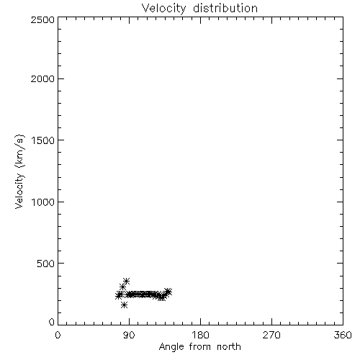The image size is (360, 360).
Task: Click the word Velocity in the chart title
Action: [163, 9]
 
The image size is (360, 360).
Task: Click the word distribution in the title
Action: [225, 8]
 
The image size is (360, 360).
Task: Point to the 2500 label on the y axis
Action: [42, 19]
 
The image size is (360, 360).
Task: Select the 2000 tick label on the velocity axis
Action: [42, 79]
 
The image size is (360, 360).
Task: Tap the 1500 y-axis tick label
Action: [43, 140]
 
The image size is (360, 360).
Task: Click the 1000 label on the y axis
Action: [43, 202]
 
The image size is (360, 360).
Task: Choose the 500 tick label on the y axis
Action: [46, 264]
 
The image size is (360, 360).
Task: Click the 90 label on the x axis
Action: [129, 335]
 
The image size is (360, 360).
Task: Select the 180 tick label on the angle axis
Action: [200, 335]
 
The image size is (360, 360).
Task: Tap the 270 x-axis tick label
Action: [271, 335]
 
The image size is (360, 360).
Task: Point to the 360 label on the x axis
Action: [343, 335]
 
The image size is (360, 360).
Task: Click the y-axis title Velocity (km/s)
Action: [19, 171]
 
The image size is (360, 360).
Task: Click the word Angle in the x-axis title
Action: [171, 347]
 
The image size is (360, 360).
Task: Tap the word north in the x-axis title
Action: [229, 347]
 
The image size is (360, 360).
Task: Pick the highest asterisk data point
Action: [126, 281]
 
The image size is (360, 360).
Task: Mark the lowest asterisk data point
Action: [124, 305]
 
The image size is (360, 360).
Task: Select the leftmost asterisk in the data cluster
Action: [118, 296]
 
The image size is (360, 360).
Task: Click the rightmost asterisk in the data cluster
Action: [168, 292]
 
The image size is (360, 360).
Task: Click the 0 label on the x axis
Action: [58, 335]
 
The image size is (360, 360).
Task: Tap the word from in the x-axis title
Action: [201, 347]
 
